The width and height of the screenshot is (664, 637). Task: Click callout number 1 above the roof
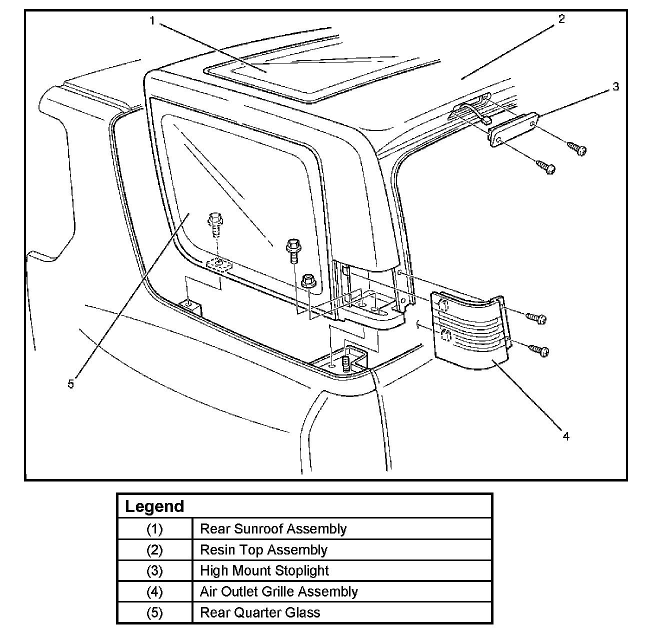coord(152,21)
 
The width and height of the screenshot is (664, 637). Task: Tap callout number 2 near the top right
coord(561,19)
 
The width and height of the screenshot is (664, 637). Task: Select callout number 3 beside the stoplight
coord(615,86)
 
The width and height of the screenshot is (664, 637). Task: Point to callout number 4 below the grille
coord(565,436)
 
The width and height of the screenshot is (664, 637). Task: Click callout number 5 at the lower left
coord(70,384)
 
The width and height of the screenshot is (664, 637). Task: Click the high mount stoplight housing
coord(513,130)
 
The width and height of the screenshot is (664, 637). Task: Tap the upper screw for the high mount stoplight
coord(577,148)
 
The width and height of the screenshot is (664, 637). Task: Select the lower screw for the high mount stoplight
coord(545,167)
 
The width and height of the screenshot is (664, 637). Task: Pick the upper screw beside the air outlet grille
coord(536,318)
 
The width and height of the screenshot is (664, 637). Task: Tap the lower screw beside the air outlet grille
coord(539,349)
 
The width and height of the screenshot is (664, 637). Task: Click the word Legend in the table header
coord(154,506)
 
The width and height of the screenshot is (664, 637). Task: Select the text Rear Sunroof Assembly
coord(273,528)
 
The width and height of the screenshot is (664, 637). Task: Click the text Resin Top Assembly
coord(264,549)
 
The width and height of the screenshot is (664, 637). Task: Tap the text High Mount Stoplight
coord(264,570)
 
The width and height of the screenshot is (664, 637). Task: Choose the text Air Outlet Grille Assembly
coord(279,591)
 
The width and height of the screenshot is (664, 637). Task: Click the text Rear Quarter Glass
coord(260,612)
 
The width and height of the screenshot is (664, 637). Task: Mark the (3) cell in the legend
coord(154,570)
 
